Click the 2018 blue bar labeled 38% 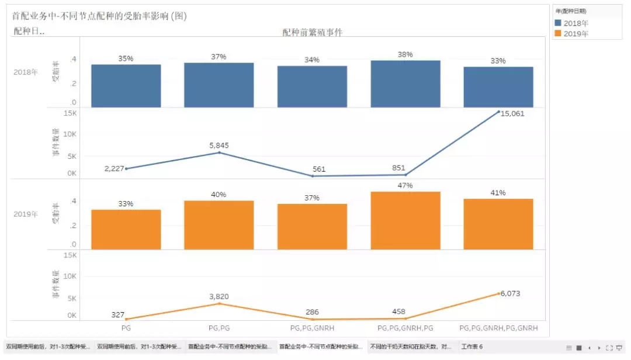405,84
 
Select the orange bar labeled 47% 405,220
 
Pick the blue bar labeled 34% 312,86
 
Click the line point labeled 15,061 498,111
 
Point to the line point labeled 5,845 219,153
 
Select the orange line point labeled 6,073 498,293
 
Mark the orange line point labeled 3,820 219,303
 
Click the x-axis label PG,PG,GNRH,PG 405,328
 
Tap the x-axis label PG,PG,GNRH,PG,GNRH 498,328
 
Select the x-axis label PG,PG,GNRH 312,328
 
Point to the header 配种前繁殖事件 312,33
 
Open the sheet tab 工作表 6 472,347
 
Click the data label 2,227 115,168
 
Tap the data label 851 398,168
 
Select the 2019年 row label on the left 26,214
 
